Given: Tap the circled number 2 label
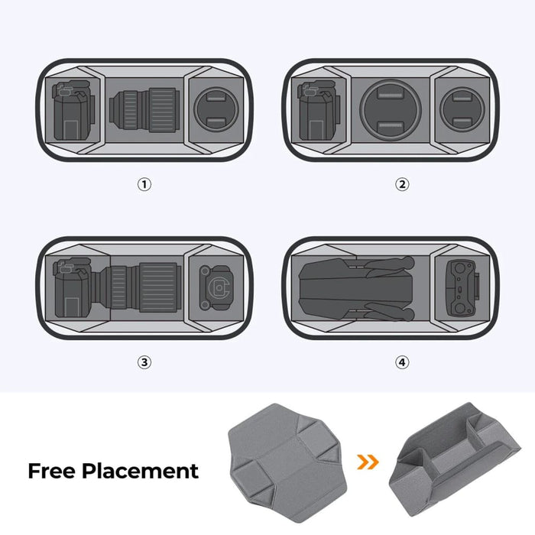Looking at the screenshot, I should coord(402,184).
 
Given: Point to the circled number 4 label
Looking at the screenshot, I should coord(402,362).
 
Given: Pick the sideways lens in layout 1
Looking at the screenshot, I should coord(145,109).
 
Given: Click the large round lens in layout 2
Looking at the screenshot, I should coord(391,109).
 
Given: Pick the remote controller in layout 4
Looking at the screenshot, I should coord(459,288).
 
